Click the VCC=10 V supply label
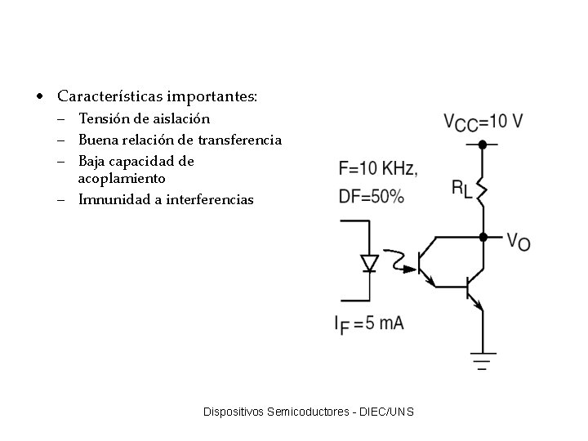tap(483, 122)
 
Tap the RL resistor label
tap(462, 188)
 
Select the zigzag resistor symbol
tap(483, 189)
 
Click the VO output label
tap(518, 241)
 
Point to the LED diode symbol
tap(370, 263)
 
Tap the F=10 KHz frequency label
tap(378, 169)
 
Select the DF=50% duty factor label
tap(370, 196)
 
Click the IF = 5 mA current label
tap(369, 323)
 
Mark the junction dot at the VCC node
tap(483, 145)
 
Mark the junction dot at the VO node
tap(483, 237)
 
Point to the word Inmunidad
tap(109, 199)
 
